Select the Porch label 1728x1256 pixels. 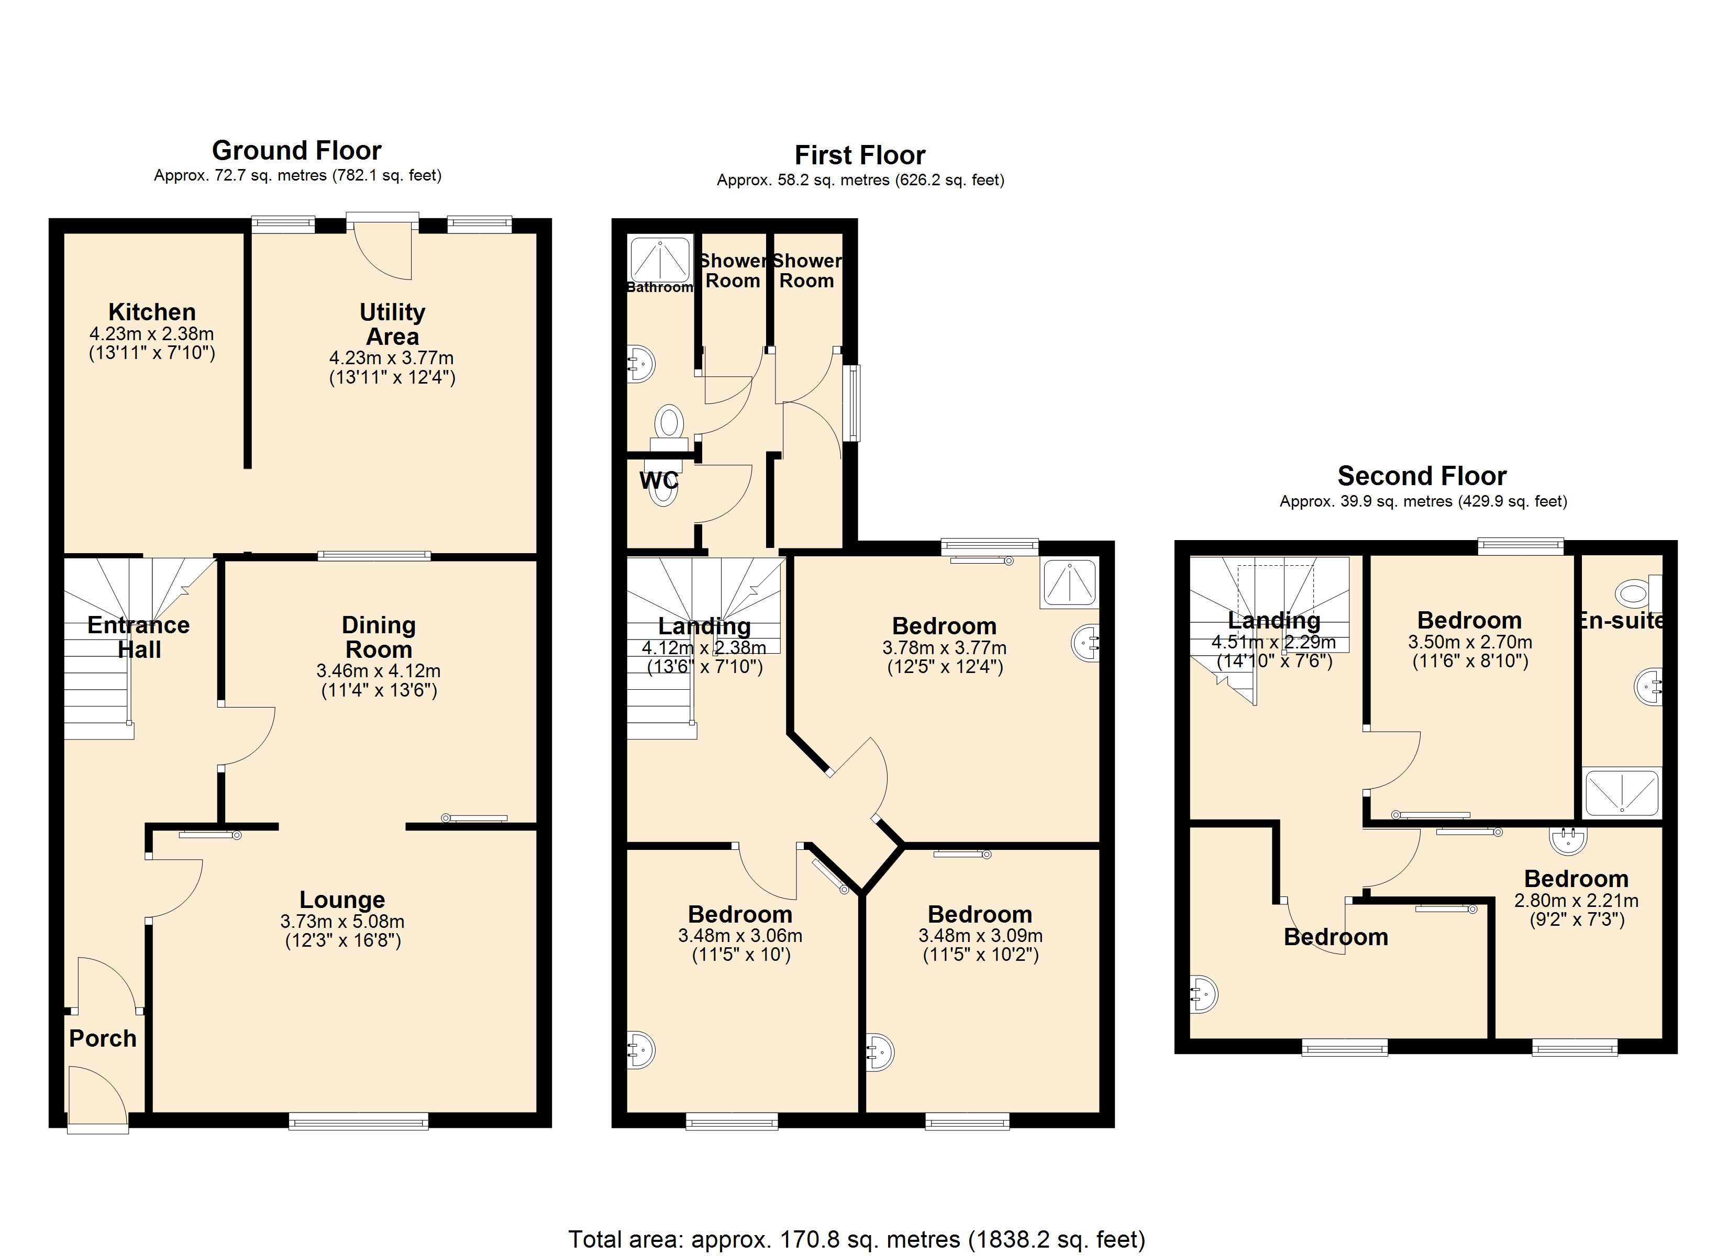click(x=103, y=1038)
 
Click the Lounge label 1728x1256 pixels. click(x=342, y=900)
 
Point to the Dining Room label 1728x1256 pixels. click(x=379, y=637)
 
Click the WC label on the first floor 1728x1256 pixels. click(x=658, y=480)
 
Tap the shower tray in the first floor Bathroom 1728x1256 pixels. click(x=660, y=260)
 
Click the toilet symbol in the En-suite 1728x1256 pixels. click(x=1633, y=592)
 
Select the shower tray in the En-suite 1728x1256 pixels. click(x=1621, y=793)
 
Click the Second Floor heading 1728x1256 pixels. click(x=1422, y=476)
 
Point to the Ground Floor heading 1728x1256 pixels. click(x=296, y=150)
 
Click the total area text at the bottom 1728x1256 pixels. click(x=856, y=1239)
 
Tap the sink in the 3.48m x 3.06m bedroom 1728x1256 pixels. click(x=641, y=1051)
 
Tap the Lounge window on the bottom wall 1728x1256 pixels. click(x=358, y=1120)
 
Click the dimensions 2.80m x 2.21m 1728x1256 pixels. click(x=1576, y=900)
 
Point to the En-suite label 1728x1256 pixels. click(x=1620, y=621)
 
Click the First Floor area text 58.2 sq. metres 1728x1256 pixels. click(x=860, y=181)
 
